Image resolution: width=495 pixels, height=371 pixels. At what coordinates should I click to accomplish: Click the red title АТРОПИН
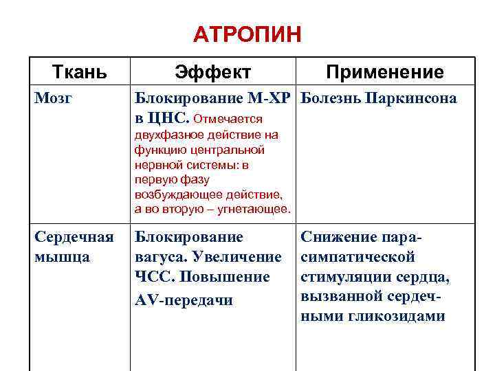247,34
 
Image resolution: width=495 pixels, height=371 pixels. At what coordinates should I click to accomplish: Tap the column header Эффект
212,72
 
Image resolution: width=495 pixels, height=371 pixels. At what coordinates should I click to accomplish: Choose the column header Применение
385,72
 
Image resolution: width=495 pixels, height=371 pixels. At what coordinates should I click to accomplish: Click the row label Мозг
52,99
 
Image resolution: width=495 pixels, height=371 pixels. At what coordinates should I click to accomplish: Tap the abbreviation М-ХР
269,99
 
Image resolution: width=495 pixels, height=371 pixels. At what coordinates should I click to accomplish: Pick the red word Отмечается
228,120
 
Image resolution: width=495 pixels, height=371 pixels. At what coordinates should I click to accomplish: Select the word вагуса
158,257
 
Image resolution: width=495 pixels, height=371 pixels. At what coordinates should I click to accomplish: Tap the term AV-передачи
184,301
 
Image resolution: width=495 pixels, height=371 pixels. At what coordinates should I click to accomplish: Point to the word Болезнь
331,99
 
